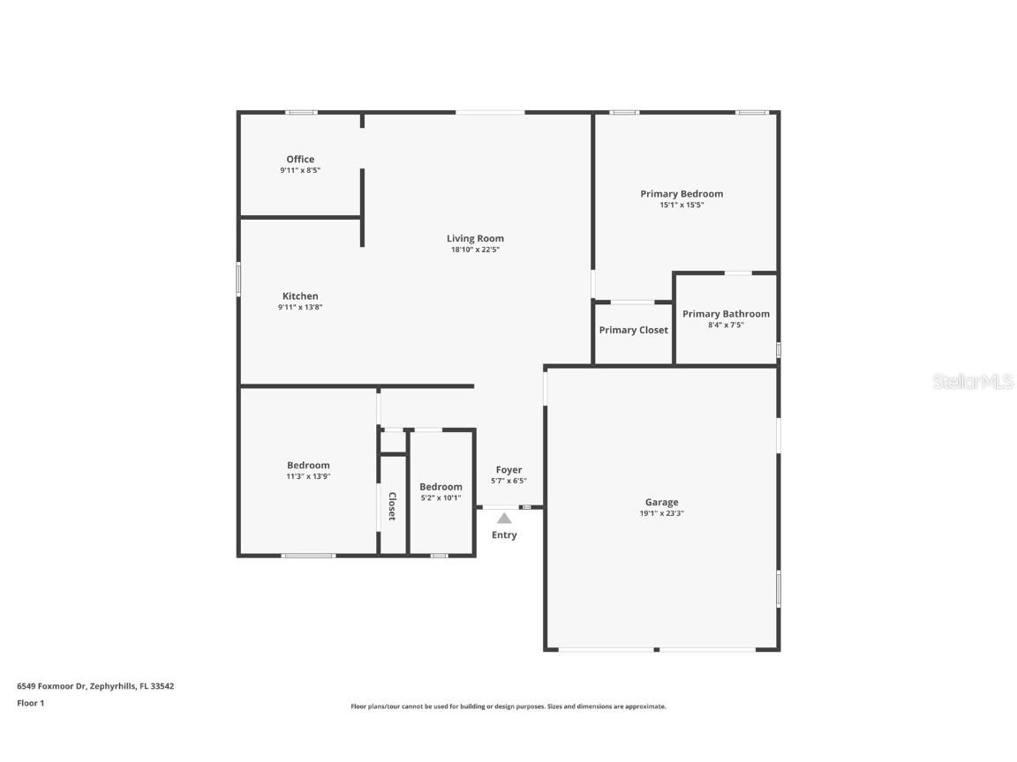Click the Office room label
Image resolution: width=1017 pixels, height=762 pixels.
coord(300,160)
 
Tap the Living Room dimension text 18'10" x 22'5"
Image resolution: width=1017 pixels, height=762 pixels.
coord(475,250)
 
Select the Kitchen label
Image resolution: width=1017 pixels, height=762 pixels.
coord(300,296)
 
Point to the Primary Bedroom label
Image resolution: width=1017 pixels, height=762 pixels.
coord(682,194)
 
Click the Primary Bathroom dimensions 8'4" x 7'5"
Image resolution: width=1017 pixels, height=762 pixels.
coord(726,325)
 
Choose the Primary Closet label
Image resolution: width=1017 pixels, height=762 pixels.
coord(633,330)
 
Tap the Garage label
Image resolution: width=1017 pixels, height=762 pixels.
coord(661,502)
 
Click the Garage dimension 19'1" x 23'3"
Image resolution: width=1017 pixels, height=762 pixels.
coord(661,512)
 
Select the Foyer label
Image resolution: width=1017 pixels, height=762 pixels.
coord(508,470)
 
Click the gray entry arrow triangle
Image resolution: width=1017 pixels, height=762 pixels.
coord(504,519)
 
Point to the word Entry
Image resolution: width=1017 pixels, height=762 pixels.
coord(504,535)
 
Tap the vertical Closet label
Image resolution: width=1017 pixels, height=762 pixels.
coord(392,506)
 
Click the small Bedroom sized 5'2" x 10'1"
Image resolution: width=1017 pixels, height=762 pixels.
coord(441,487)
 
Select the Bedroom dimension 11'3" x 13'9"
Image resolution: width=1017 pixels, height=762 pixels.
coord(308,476)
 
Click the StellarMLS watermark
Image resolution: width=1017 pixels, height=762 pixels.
coord(974,382)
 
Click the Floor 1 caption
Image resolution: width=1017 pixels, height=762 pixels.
coord(30,703)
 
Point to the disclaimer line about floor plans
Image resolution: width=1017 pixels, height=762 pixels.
coord(508,706)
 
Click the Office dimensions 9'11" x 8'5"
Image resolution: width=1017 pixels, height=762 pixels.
coord(300,170)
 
